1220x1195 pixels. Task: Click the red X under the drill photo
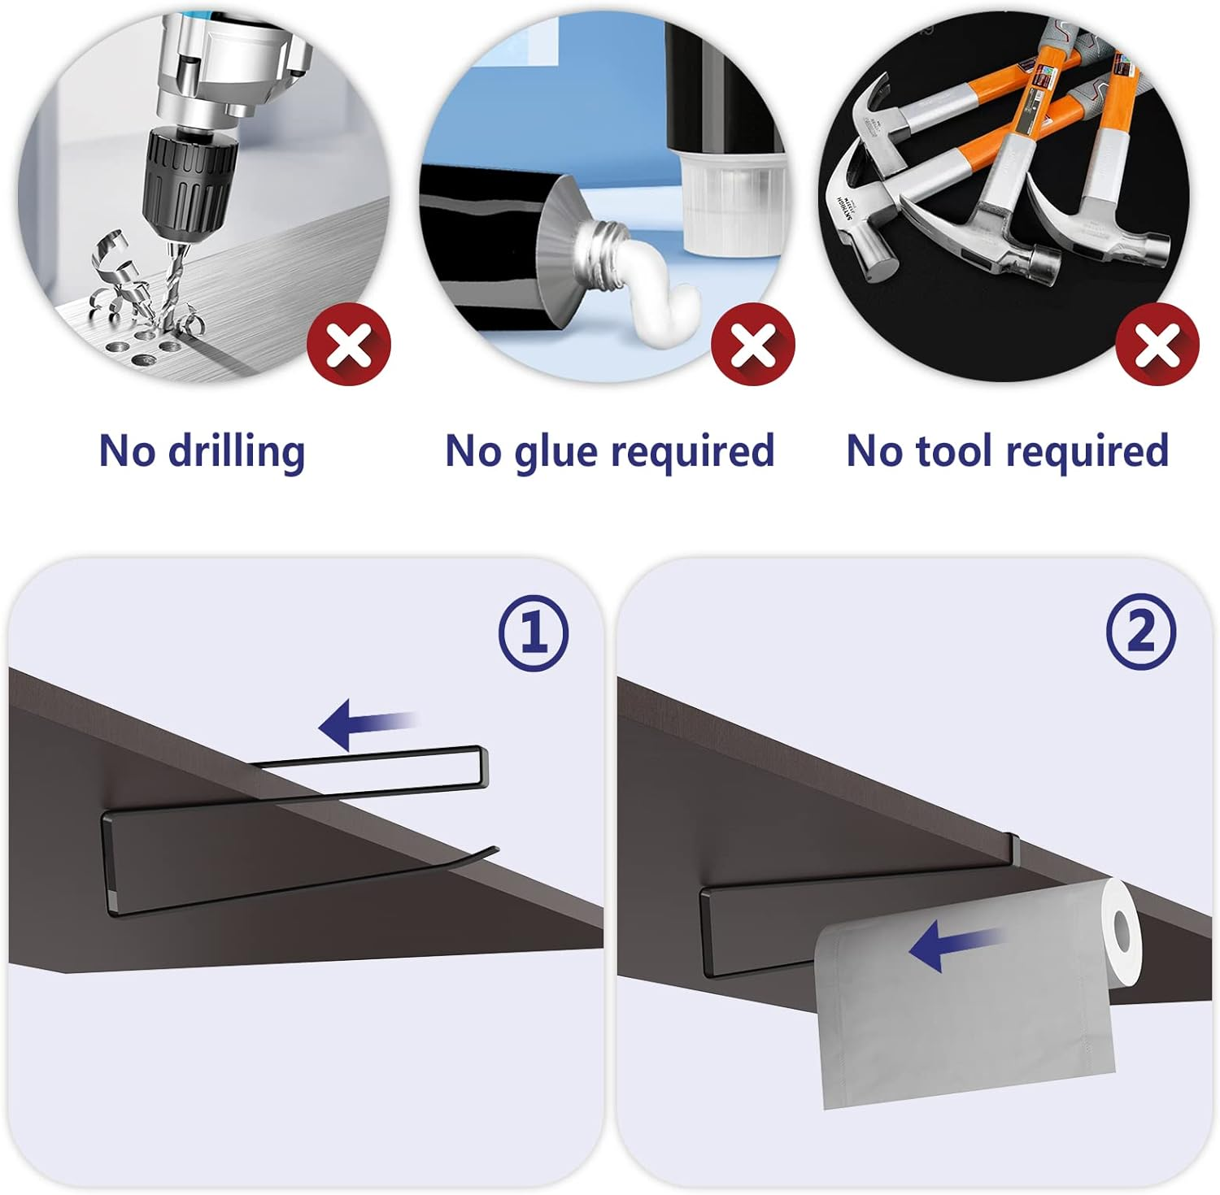349,345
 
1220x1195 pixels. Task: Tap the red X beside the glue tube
753,345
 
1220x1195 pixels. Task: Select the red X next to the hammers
1157,345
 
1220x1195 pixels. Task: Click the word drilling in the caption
237,452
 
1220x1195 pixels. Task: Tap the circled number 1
534,632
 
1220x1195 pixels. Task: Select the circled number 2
1141,632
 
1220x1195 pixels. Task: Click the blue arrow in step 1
368,723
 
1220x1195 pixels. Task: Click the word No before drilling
127,450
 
